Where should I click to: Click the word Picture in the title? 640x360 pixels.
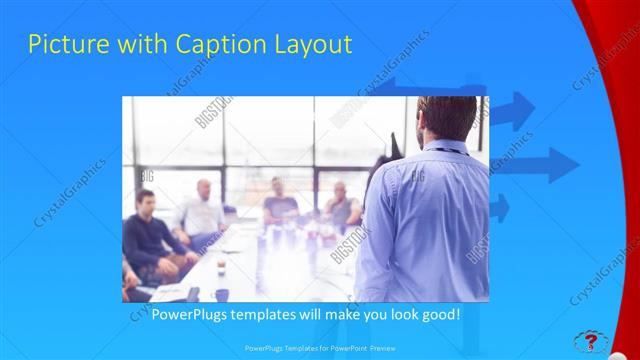pos(63,45)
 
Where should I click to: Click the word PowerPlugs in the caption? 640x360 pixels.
pos(191,314)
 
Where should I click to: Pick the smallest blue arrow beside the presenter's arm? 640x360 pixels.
pos(499,208)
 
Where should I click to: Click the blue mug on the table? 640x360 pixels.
pos(221,294)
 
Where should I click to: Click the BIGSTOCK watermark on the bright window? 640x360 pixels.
pos(215,113)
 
